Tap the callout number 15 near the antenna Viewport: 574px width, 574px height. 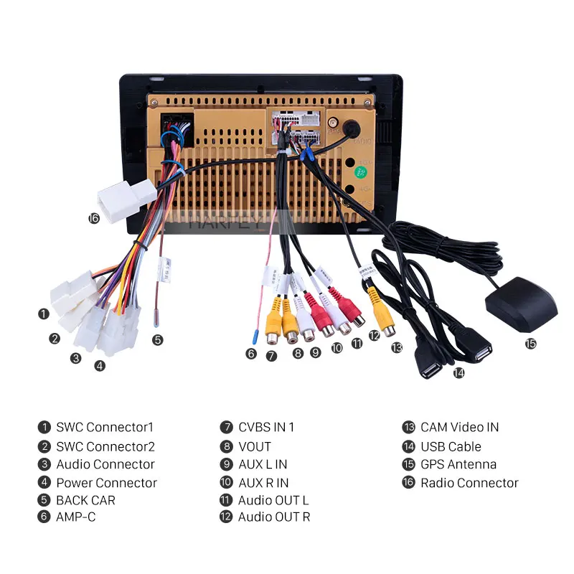530,344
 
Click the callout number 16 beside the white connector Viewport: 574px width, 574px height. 93,218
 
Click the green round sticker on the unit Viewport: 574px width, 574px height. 362,172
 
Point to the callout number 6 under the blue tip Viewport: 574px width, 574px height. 250,353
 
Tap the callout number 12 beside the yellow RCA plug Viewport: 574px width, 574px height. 374,335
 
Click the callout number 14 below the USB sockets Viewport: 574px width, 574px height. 458,372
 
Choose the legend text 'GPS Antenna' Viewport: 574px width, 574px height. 458,464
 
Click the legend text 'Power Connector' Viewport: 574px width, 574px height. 106,483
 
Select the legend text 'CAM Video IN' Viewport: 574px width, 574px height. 459,427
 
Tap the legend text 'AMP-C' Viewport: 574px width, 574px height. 76,517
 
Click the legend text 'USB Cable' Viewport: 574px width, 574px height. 451,446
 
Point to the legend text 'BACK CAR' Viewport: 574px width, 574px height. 85,500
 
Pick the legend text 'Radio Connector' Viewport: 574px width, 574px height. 469,483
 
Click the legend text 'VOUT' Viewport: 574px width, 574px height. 255,446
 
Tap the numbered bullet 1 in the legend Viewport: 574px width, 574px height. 44,427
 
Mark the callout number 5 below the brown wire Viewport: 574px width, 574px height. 157,340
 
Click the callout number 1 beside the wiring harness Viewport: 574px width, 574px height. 44,314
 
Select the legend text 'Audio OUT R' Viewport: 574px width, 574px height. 274,517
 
